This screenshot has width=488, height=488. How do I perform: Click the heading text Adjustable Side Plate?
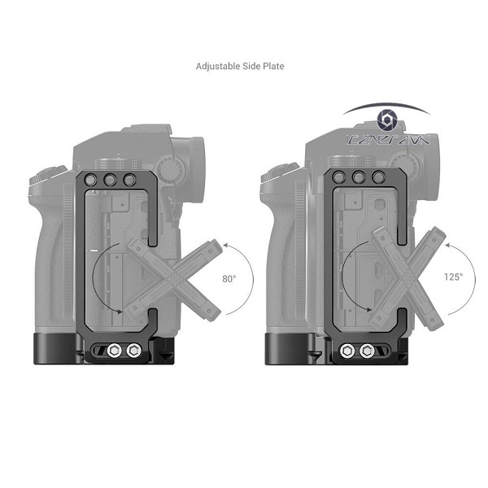coord(240,66)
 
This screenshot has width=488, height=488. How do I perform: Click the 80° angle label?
coord(229,278)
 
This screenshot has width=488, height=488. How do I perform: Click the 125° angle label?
coord(452,277)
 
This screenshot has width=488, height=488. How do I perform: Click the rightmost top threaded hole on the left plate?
coord(129,181)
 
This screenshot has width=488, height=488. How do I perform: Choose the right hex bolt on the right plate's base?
coord(368,351)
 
